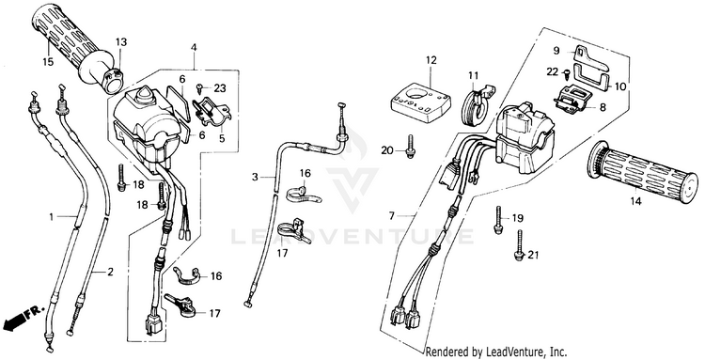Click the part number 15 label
[48, 62]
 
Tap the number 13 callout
[121, 42]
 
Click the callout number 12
[431, 60]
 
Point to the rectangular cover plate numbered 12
[421, 103]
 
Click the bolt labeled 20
[410, 147]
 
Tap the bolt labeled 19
[497, 220]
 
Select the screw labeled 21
[519, 245]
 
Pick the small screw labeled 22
[566, 72]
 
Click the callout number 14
[635, 201]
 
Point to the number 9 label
[556, 51]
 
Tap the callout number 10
[619, 86]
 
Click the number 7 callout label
[392, 216]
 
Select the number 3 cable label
[255, 178]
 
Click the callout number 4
[194, 47]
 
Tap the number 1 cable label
[52, 217]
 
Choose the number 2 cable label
[110, 272]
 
